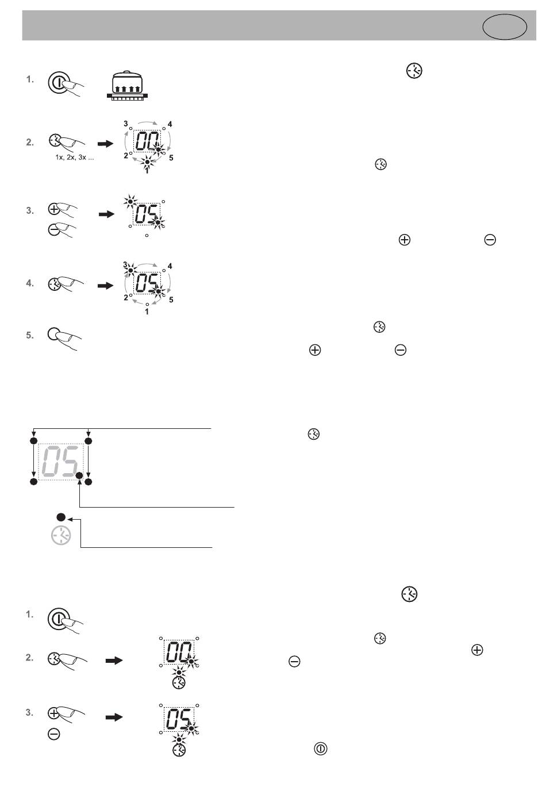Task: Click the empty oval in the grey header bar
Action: (505, 26)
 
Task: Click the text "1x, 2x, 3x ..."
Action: (75, 158)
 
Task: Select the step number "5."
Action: (30, 335)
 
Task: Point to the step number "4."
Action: (30, 283)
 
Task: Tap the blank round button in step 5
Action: (53, 334)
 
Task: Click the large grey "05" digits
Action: (59, 462)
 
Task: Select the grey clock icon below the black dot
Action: (61, 536)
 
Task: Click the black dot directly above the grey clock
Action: (61, 517)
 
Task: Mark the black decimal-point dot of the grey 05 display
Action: (79, 475)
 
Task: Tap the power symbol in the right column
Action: (320, 748)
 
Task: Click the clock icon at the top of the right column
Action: (414, 71)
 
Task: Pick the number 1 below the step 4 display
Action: (147, 312)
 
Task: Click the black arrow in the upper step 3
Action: (106, 214)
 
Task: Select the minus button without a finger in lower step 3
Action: (54, 734)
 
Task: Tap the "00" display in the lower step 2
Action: (179, 652)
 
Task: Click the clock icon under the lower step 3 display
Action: (179, 751)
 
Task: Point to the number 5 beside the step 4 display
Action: (171, 300)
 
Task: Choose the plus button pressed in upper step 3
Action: (53, 209)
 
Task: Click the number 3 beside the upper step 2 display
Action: (126, 124)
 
